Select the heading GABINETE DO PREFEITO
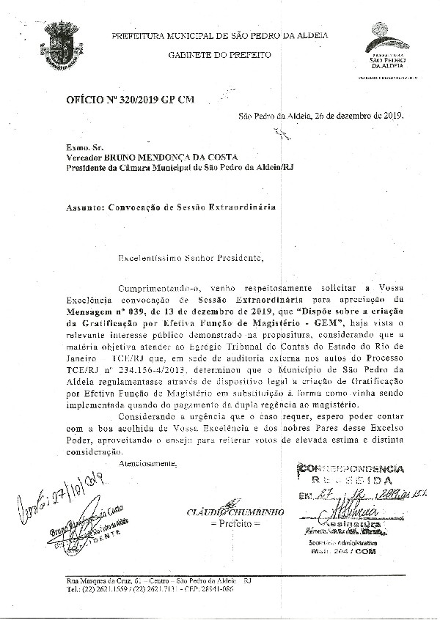[x=219, y=55]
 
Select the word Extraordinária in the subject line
[x=241, y=207]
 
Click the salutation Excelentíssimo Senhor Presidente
[x=190, y=258]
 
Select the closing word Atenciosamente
[x=147, y=464]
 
